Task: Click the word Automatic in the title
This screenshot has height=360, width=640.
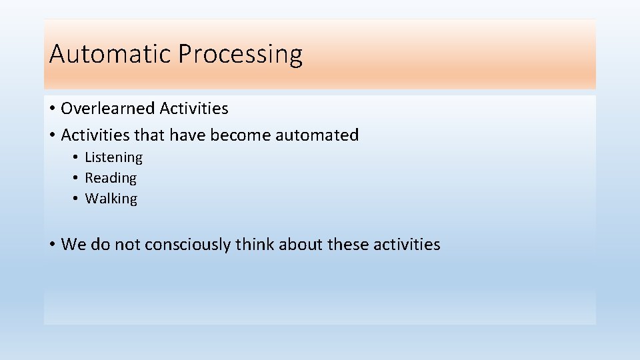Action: (111, 54)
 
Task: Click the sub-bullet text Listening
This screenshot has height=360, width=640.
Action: (113, 157)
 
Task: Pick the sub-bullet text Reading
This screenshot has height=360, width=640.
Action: (111, 178)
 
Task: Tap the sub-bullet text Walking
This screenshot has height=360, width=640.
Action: (111, 199)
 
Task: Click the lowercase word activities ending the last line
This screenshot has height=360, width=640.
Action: (407, 245)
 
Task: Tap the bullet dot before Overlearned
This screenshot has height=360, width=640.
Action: (52, 109)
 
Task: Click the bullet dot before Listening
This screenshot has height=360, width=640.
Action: (77, 158)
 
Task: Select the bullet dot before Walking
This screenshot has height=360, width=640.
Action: (77, 199)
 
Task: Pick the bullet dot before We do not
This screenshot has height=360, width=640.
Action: (52, 245)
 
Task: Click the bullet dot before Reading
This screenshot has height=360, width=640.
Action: (77, 179)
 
